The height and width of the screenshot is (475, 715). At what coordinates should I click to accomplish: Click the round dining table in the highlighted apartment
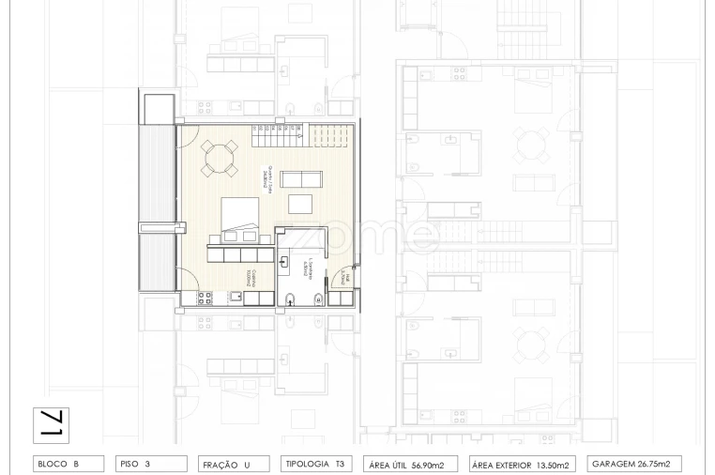[x=221, y=158]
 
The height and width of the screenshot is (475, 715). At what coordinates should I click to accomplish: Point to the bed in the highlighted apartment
[x=239, y=221]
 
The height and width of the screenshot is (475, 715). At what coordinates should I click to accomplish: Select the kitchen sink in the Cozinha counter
[x=236, y=298]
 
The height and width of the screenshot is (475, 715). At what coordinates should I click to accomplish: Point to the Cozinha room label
[x=250, y=278]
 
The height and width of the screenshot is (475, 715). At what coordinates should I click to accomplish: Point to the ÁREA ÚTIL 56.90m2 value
[x=413, y=464]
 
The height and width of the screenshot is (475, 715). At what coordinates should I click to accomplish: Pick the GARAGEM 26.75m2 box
[x=636, y=464]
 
